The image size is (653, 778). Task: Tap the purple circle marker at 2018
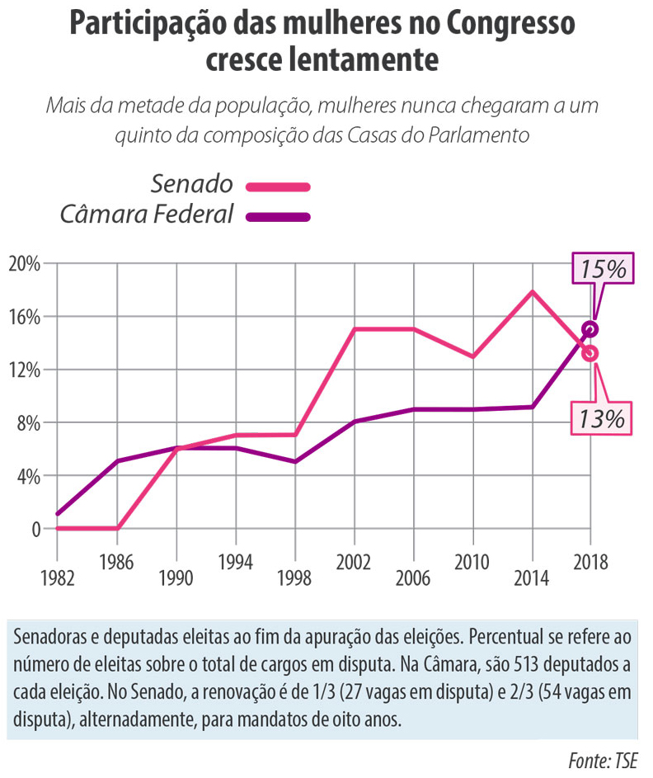590,329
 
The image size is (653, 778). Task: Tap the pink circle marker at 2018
590,354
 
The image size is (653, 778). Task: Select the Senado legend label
192,183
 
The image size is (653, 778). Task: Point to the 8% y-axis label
26,422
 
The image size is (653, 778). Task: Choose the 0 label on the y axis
35,529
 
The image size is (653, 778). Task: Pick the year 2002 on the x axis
354,563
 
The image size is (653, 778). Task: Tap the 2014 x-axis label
532,578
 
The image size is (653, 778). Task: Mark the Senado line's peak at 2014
533,292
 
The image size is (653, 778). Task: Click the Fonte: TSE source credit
604,760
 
